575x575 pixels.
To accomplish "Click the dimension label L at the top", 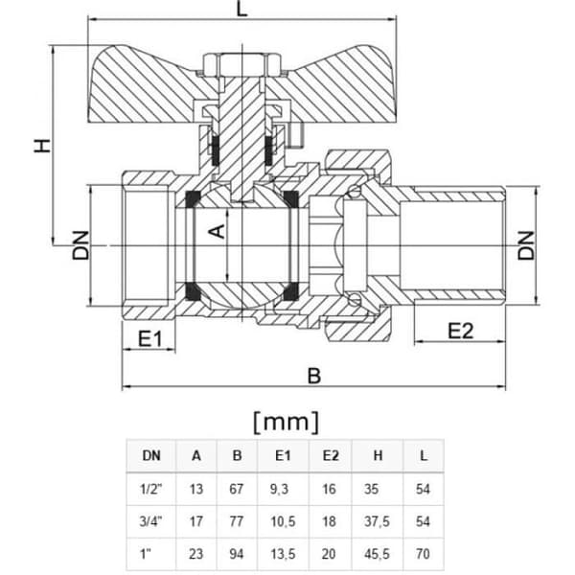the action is point(242,9).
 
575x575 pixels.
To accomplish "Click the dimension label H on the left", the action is point(42,146).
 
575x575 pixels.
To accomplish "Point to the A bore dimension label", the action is point(217,231).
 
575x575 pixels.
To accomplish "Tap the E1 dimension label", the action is point(149,338).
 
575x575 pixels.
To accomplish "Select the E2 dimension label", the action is point(461,331).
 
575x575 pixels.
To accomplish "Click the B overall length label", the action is point(314,376).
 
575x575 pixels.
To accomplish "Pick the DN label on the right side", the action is point(526,245).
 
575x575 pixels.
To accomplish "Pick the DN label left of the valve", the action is point(80,245).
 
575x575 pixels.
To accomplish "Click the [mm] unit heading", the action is point(286,422).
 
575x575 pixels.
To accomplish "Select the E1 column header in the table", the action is point(283,455).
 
